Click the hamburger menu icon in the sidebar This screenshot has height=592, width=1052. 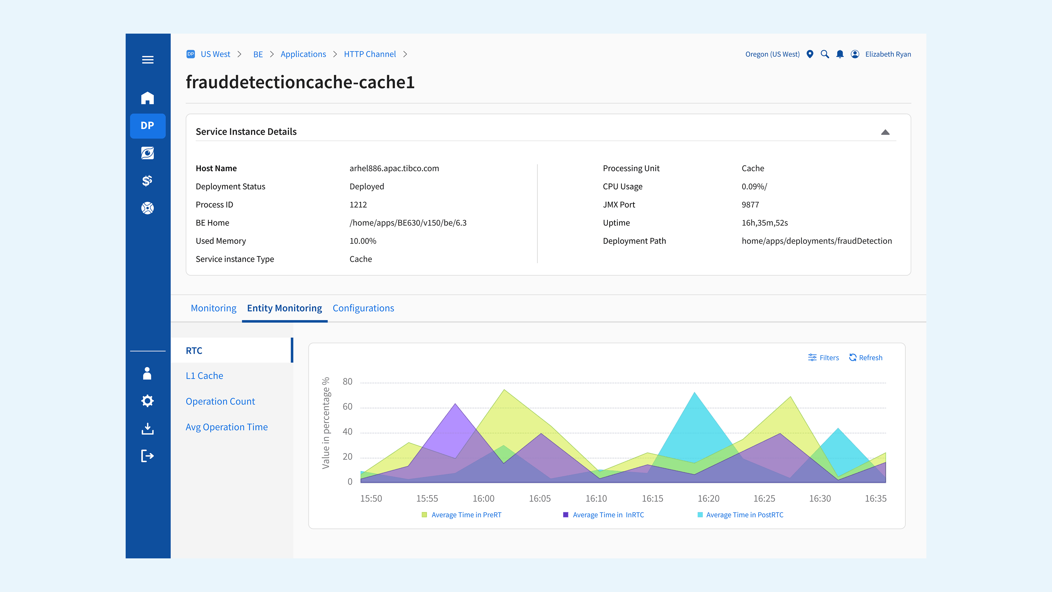(148, 60)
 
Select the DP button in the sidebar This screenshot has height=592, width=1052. (148, 125)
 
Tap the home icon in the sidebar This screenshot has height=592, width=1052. (148, 98)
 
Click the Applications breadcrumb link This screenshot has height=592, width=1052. (303, 54)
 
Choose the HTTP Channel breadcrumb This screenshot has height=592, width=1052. (370, 54)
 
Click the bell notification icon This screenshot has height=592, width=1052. (840, 54)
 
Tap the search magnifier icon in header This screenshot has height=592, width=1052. (824, 54)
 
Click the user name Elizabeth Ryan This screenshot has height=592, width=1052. (888, 54)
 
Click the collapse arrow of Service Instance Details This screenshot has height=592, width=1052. (885, 132)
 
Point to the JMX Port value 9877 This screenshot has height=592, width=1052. (750, 205)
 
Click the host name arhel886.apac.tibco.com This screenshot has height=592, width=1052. (394, 168)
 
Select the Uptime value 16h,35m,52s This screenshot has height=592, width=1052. (765, 223)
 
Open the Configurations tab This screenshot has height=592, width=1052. (363, 308)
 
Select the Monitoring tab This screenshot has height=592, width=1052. (213, 308)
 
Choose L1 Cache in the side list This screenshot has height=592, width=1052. (204, 375)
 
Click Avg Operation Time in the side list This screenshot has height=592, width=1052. (226, 427)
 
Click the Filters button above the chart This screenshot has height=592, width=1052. (823, 357)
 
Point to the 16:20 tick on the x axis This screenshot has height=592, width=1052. (708, 498)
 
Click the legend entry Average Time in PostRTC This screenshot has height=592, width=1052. (744, 515)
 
